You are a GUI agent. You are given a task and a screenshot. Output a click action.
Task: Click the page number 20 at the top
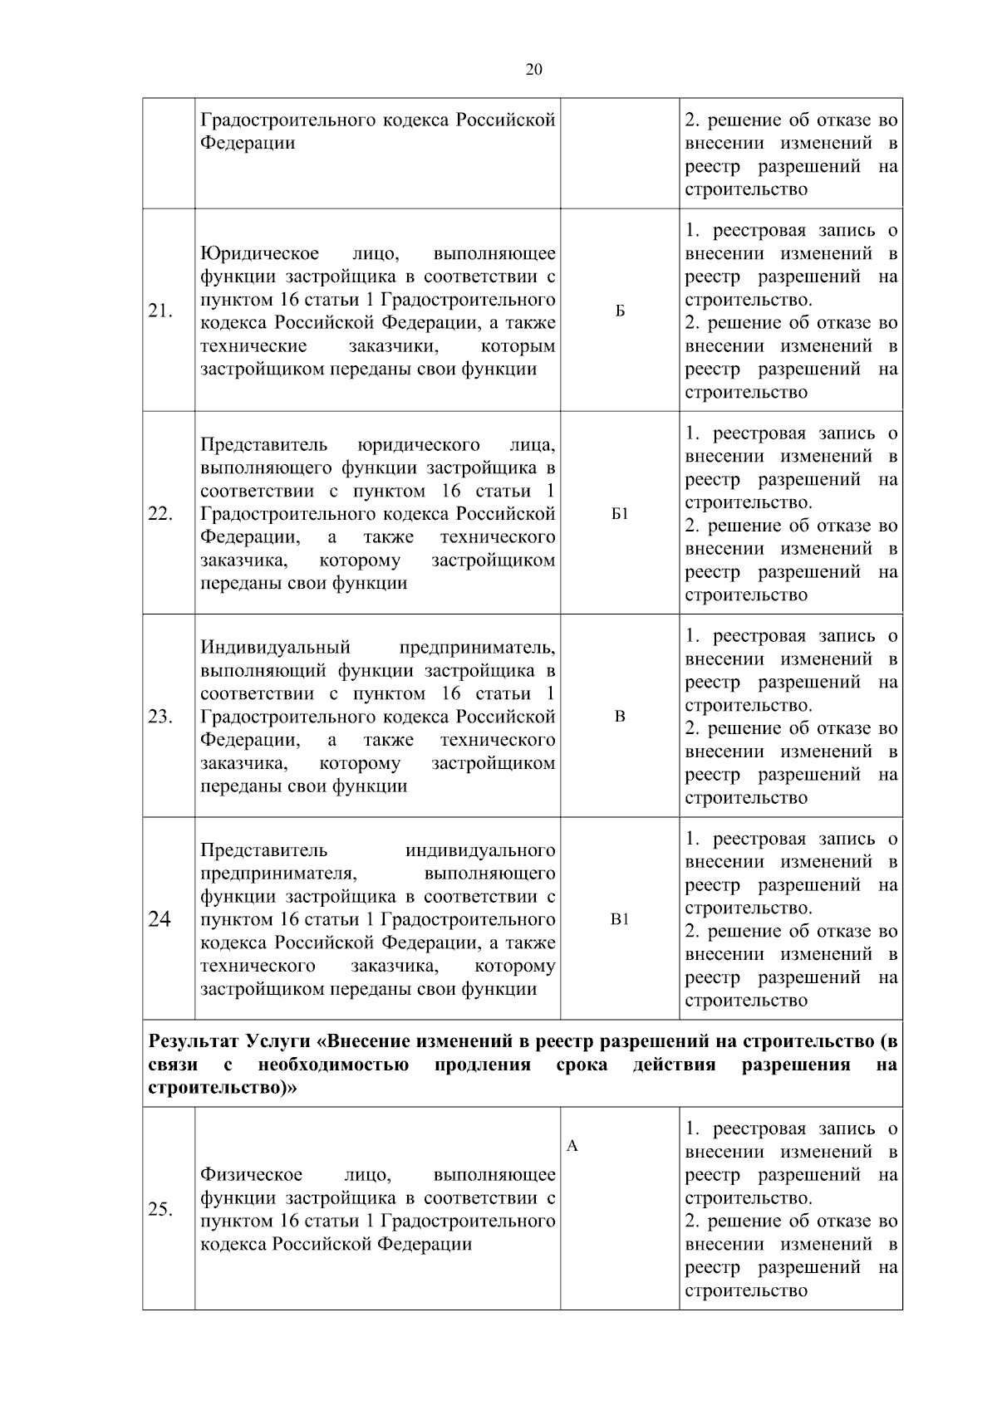pyautogui.click(x=534, y=70)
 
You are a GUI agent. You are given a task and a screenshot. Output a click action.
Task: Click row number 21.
pyautogui.click(x=160, y=311)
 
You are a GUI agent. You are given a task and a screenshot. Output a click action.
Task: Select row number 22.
pyautogui.click(x=160, y=513)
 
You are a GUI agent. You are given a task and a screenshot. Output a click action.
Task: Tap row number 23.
pyautogui.click(x=160, y=717)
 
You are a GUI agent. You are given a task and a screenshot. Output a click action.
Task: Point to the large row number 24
pyautogui.click(x=160, y=919)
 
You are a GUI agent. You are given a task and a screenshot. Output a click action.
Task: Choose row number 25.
pyautogui.click(x=160, y=1209)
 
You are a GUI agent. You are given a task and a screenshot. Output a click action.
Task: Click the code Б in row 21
pyautogui.click(x=620, y=311)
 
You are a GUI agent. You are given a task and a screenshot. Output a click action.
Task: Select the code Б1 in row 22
pyautogui.click(x=620, y=514)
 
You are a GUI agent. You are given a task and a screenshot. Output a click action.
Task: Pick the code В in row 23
pyautogui.click(x=620, y=717)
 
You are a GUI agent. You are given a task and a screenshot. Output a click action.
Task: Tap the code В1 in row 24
pyautogui.click(x=620, y=919)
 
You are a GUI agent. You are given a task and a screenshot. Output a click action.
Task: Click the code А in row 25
pyautogui.click(x=572, y=1147)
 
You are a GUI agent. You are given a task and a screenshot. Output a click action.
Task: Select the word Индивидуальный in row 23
pyautogui.click(x=275, y=648)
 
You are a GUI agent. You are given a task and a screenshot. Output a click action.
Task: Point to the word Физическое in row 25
pyautogui.click(x=251, y=1175)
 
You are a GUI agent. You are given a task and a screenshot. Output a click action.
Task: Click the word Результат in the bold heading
pyautogui.click(x=192, y=1041)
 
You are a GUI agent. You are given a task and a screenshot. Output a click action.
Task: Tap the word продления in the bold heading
pyautogui.click(x=483, y=1065)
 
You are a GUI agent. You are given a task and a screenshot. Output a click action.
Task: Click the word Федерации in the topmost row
pyautogui.click(x=248, y=144)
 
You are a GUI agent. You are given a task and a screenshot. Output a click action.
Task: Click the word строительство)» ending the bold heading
pyautogui.click(x=222, y=1089)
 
